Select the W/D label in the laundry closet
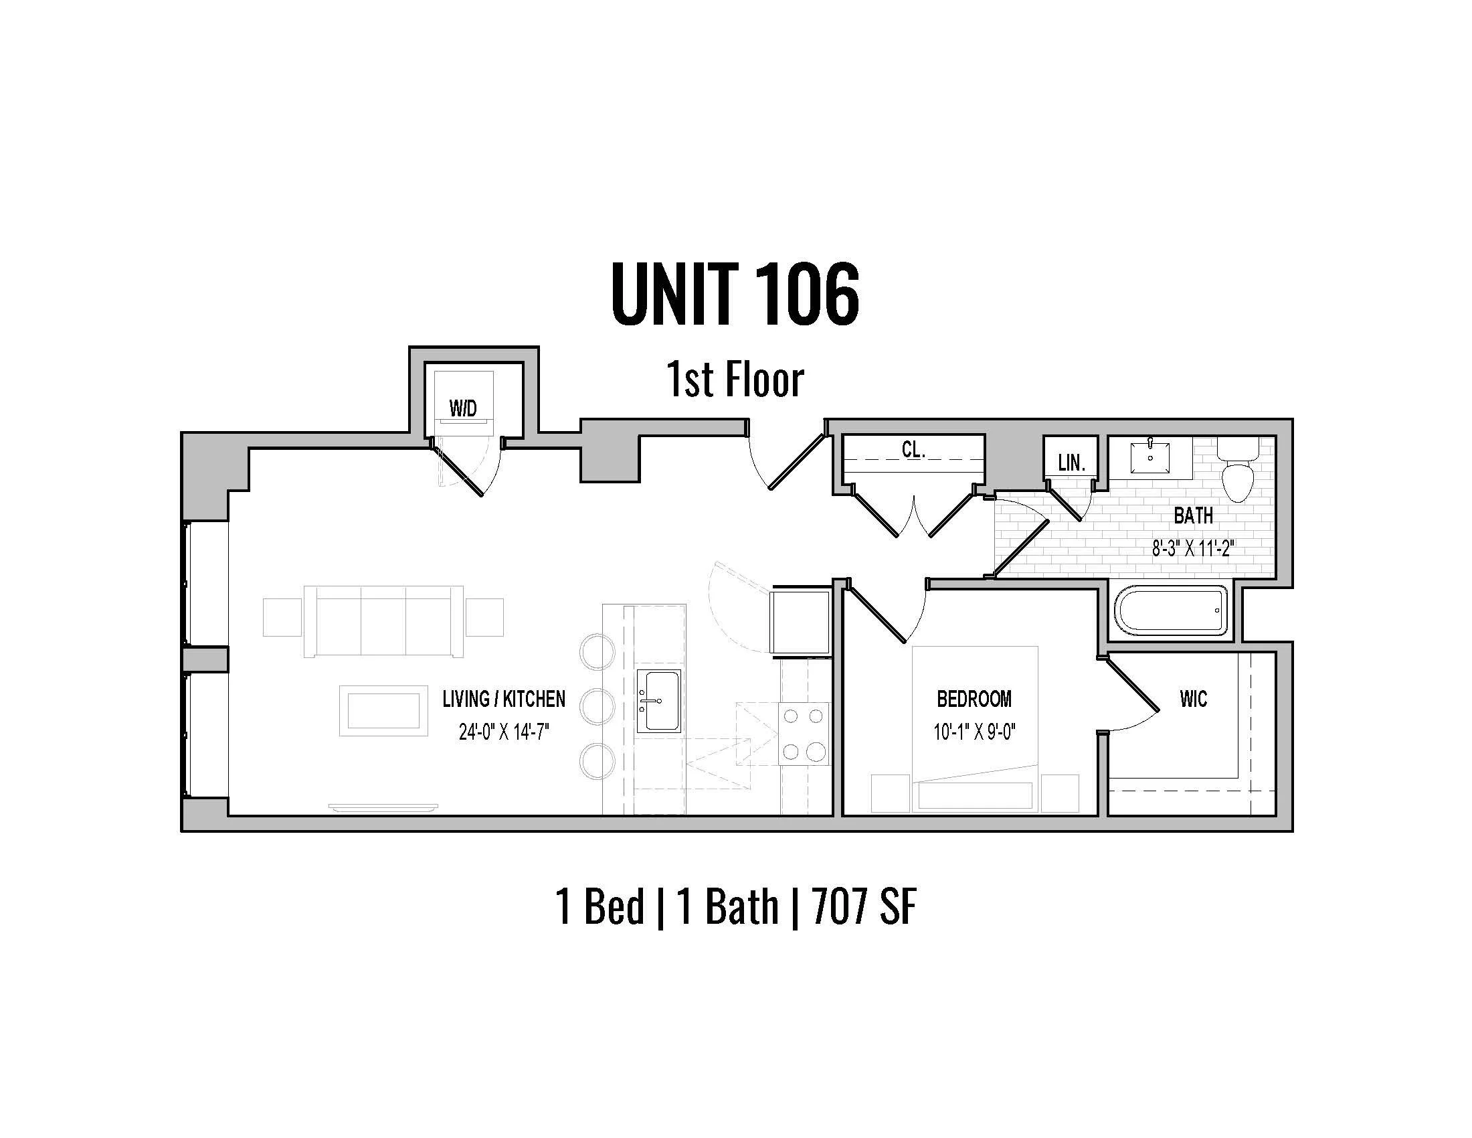click(463, 408)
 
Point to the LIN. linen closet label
click(1071, 463)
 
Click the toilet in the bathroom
click(1238, 469)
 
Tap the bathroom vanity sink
click(1151, 457)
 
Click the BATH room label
click(1193, 515)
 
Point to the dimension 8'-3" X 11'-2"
click(1192, 549)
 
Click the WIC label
click(1193, 699)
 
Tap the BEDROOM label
click(974, 699)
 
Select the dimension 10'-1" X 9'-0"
click(974, 732)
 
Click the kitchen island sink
click(658, 701)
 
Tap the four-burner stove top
click(804, 734)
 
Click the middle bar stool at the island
click(597, 705)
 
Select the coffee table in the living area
click(383, 711)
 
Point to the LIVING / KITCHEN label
click(503, 699)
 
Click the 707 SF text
click(864, 908)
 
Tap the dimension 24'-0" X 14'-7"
click(503, 732)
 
